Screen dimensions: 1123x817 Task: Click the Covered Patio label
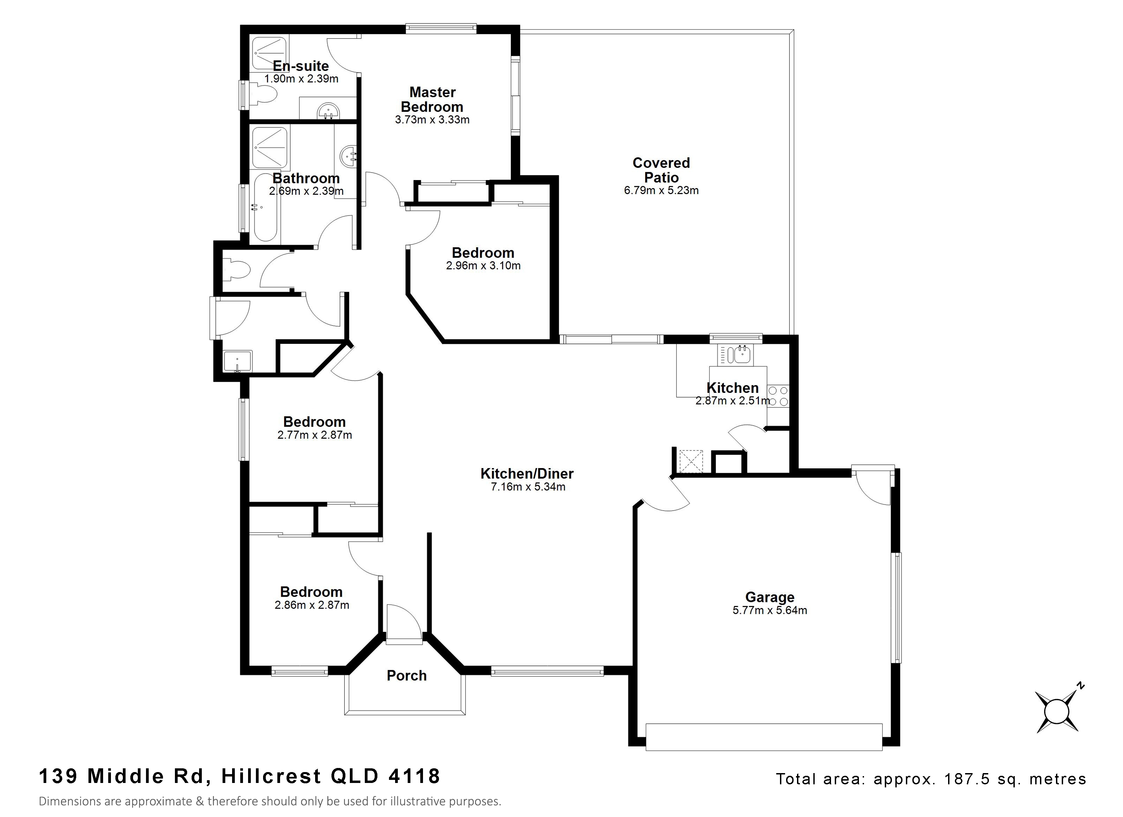(x=661, y=170)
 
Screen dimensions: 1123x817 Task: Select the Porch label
(x=407, y=675)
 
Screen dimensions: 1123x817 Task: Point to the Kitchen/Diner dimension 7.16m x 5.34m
(x=528, y=487)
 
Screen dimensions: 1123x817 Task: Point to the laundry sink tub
(x=238, y=361)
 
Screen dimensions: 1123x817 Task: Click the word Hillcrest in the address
(x=271, y=776)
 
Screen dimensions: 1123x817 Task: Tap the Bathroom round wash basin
(x=348, y=156)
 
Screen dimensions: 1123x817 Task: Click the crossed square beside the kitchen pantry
(x=691, y=461)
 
